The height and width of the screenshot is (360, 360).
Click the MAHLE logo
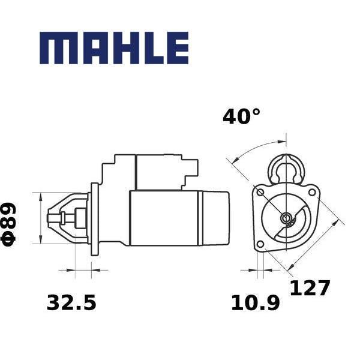click(x=114, y=48)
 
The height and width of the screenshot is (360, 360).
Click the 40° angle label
click(x=242, y=117)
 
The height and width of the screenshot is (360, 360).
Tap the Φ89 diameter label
click(x=8, y=224)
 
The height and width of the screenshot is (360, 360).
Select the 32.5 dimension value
click(x=71, y=302)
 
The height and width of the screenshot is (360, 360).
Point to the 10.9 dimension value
click(x=256, y=303)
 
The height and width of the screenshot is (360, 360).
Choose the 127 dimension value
click(x=310, y=287)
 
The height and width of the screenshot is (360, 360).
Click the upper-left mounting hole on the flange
click(x=260, y=193)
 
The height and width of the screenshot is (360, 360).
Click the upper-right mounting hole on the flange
click(x=312, y=192)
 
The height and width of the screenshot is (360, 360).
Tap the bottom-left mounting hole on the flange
click(x=260, y=244)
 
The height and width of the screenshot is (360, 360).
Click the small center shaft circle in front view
click(x=286, y=217)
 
